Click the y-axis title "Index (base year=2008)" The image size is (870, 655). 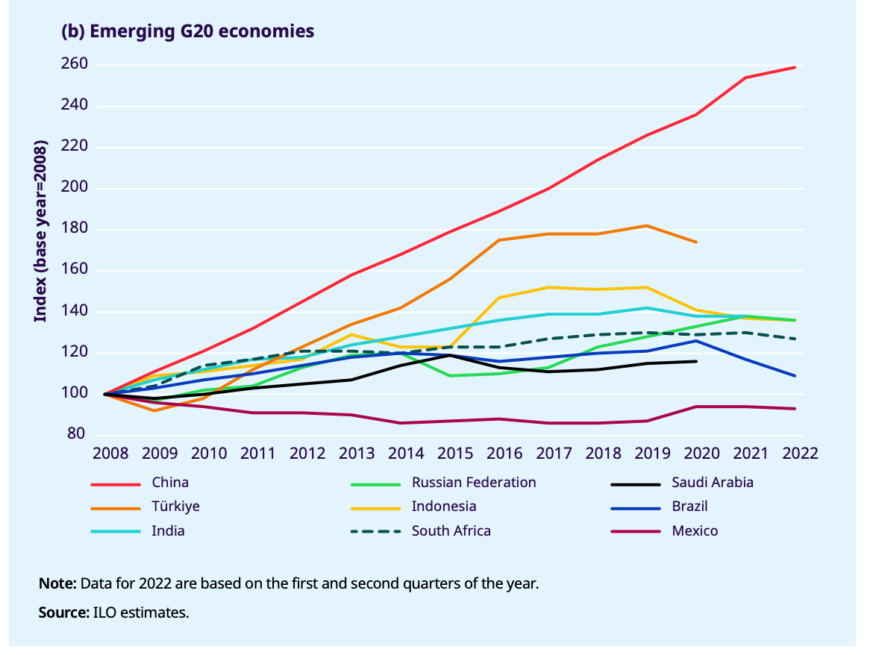click(x=40, y=231)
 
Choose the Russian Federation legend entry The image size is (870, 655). click(x=474, y=483)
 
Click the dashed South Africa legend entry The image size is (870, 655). click(x=451, y=531)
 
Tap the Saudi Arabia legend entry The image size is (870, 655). click(x=713, y=483)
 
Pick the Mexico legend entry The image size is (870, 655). click(x=695, y=531)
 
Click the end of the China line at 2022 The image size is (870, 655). click(x=795, y=67)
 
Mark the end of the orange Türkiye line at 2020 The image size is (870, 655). click(x=697, y=242)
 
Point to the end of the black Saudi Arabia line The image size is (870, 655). click(x=697, y=361)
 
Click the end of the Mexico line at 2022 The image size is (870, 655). click(x=795, y=408)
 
